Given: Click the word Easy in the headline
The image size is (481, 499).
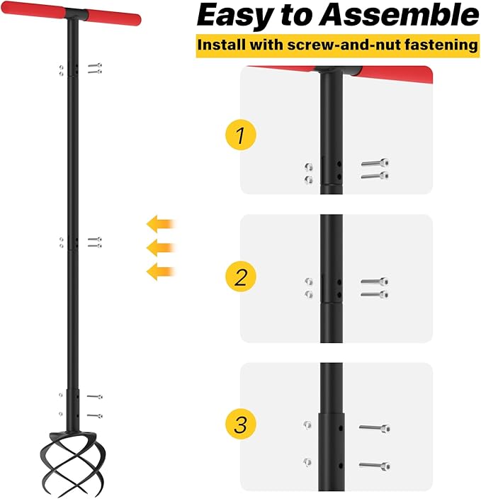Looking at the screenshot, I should (234, 15).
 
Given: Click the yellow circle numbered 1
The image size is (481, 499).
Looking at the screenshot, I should (241, 135).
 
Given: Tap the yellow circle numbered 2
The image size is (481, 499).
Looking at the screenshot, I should (241, 276).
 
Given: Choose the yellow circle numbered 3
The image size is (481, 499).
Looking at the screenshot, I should (241, 425).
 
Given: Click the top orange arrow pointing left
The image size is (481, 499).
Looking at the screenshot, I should (161, 225).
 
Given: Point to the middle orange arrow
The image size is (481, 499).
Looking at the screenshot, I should (161, 247).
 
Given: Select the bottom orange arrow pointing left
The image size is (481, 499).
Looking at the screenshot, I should (161, 270).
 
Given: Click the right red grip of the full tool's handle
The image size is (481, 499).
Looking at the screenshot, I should (114, 18).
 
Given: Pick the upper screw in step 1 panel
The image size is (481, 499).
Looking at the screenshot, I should (375, 164).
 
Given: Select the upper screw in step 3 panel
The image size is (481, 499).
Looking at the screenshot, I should (373, 427).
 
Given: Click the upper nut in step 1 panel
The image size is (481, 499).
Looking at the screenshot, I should (308, 167).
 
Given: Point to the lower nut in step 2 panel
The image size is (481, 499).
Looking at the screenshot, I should (308, 294).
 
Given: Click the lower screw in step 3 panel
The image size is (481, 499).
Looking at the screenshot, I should (373, 465).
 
